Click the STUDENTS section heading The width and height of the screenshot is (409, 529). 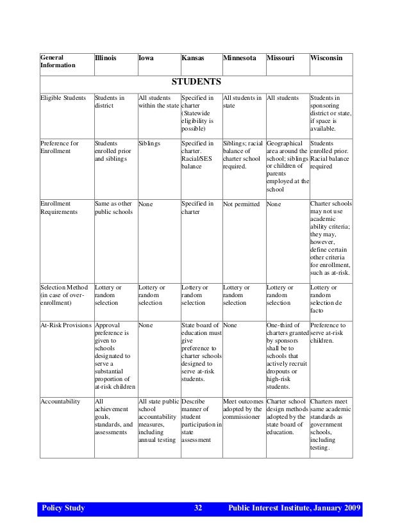click(x=196, y=82)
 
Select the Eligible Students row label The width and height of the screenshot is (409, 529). click(x=63, y=99)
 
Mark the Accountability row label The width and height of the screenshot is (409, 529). click(x=60, y=402)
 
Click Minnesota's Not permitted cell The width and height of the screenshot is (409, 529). click(x=242, y=204)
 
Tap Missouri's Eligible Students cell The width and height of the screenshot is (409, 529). click(x=283, y=99)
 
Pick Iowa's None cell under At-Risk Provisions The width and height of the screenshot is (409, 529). click(x=146, y=325)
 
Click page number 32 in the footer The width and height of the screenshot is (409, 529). click(x=197, y=509)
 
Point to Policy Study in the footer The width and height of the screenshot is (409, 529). click(x=63, y=509)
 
